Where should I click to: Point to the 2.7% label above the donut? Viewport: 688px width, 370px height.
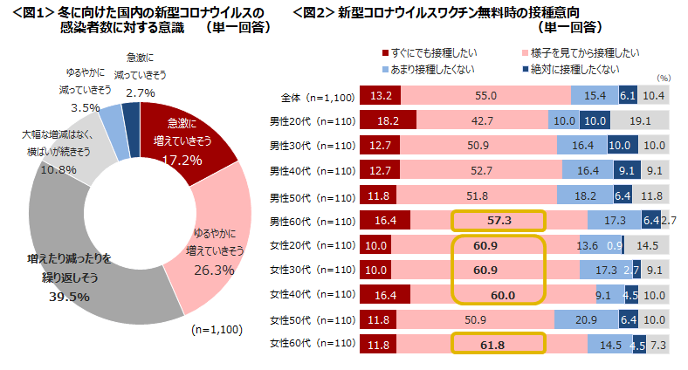[x=141, y=92]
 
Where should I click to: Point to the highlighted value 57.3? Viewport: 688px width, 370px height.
[x=499, y=221]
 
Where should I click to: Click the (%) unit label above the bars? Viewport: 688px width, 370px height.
[x=663, y=78]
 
